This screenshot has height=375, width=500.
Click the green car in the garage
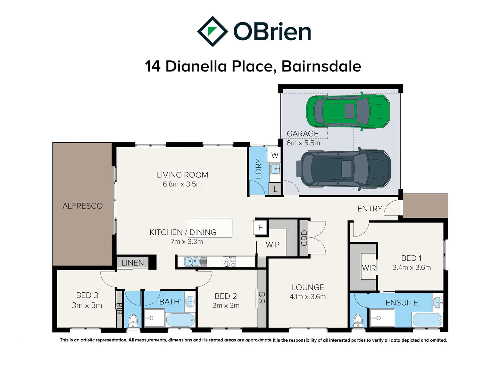point(348,111)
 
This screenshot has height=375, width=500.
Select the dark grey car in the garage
point(343,169)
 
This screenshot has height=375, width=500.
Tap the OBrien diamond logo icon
point(212,31)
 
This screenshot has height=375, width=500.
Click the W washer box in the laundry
point(274,155)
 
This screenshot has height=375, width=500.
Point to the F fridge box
point(260,228)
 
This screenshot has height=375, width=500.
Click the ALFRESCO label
point(83,206)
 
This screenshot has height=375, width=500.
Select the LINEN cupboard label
point(133,263)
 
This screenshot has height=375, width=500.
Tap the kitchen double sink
point(195,261)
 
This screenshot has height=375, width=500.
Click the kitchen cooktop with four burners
point(230,261)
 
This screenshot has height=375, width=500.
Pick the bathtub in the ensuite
point(427,319)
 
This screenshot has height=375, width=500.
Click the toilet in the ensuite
point(358,320)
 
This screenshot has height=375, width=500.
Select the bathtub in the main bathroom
point(180,319)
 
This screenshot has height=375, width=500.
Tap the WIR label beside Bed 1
point(369,268)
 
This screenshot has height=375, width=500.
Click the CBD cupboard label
point(304,238)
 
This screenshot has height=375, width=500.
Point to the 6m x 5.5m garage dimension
point(303,143)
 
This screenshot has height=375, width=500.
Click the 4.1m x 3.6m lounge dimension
point(308,297)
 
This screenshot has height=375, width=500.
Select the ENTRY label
point(370,209)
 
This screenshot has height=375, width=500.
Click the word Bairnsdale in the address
point(321,66)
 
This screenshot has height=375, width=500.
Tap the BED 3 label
point(87,295)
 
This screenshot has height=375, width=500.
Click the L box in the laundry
point(275,189)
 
